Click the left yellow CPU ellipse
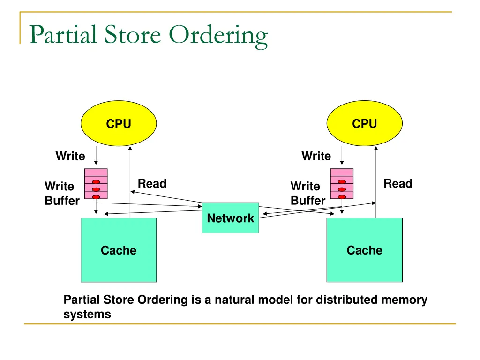[119, 124]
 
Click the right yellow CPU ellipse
[364, 124]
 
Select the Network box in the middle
[230, 218]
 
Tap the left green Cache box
[119, 250]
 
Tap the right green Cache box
[364, 250]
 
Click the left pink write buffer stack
[96, 184]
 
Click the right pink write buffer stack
[342, 184]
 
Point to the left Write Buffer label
[61, 193]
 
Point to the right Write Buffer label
[307, 193]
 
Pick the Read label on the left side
[152, 184]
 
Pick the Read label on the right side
[398, 184]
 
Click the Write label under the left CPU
[70, 156]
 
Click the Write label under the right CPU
[316, 156]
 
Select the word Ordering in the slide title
[218, 36]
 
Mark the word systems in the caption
[87, 315]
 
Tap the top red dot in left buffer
[96, 182]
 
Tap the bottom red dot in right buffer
[342, 197]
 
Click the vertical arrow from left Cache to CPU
[130, 183]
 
